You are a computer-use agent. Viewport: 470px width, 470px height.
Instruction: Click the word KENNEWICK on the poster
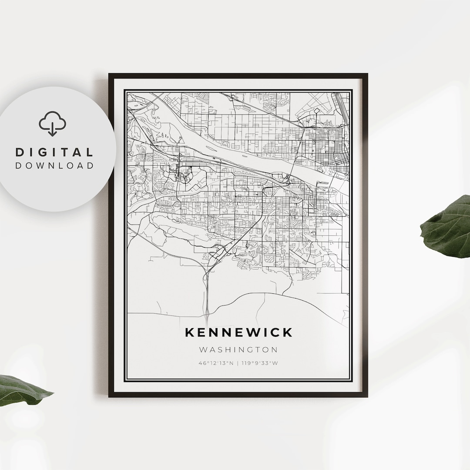(238, 332)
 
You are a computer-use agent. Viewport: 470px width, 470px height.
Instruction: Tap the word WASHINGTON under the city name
(238, 349)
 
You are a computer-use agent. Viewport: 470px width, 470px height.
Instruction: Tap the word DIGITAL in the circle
(54, 152)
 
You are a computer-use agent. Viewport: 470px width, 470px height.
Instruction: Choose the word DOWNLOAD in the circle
(54, 166)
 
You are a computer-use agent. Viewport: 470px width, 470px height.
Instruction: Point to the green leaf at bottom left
(22, 389)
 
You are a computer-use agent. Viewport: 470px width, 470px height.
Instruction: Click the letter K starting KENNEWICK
(189, 332)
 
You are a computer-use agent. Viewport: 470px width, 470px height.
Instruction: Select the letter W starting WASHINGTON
(203, 349)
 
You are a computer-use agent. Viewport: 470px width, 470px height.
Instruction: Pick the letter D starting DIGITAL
(20, 152)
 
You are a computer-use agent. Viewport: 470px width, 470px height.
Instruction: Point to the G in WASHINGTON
(245, 349)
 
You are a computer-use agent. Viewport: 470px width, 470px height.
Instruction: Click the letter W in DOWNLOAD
(43, 166)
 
